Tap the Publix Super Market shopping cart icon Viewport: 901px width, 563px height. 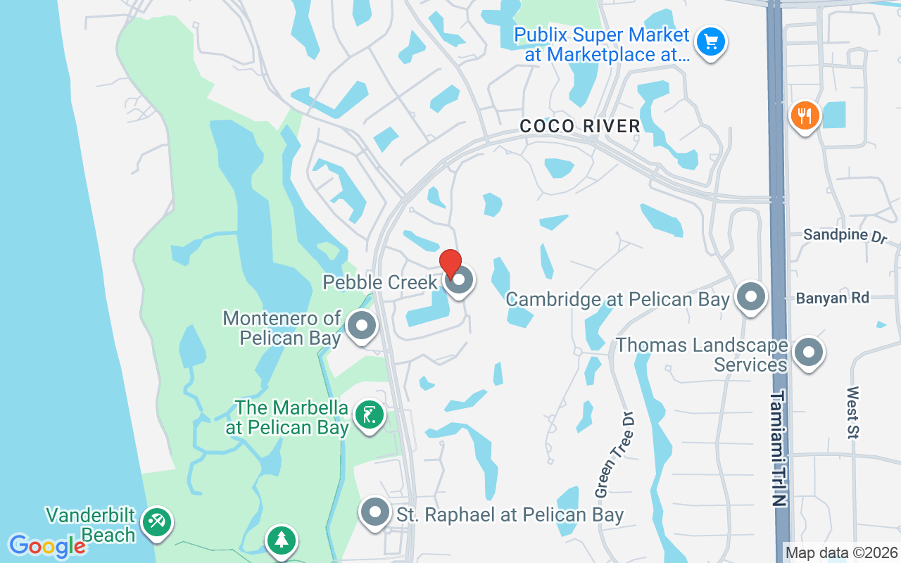[711, 42]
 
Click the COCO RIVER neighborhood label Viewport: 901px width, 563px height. [580, 127]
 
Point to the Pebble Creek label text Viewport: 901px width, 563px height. [380, 283]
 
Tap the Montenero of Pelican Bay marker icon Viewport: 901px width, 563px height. [363, 326]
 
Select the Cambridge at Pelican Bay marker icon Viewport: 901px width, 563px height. [751, 297]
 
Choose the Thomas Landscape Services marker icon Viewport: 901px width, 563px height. [808, 353]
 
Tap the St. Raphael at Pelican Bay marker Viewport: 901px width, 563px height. [375, 513]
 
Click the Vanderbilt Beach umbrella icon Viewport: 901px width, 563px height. [156, 523]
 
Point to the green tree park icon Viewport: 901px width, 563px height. [282, 540]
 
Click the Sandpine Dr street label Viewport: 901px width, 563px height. [845, 235]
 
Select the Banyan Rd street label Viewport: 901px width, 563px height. [833, 298]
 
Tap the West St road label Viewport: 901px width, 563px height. [854, 412]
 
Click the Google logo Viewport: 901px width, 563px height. [46, 545]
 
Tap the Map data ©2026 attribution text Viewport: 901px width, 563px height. [841, 553]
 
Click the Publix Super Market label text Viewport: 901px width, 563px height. [602, 44]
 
